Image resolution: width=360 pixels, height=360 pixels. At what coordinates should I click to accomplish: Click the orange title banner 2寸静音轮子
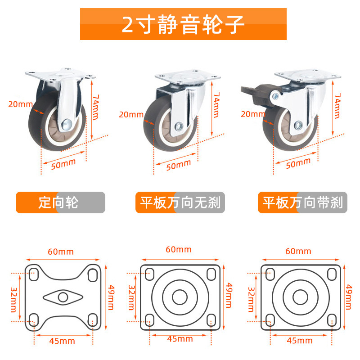[183, 24]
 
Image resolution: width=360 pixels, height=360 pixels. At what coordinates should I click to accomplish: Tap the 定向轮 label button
[60, 202]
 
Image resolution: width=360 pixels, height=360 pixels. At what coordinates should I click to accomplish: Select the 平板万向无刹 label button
[180, 202]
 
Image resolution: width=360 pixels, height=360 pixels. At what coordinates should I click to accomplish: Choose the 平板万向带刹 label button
[302, 202]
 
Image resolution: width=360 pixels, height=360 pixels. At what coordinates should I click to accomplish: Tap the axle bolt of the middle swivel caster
[179, 126]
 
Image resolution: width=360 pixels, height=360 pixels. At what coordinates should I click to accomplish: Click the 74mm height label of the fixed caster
[95, 107]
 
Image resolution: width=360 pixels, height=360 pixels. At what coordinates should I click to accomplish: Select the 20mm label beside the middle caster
[131, 115]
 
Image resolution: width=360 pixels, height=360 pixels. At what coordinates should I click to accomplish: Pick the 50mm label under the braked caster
[298, 163]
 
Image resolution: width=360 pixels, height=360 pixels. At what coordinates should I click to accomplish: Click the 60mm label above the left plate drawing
[61, 252]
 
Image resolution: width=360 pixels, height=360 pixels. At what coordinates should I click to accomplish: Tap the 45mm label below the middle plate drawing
[180, 339]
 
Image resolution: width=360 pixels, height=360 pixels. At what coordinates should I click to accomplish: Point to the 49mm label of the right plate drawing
[348, 297]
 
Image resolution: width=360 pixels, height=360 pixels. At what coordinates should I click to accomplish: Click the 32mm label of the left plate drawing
[14, 300]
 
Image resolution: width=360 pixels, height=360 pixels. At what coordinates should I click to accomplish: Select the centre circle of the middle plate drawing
[180, 297]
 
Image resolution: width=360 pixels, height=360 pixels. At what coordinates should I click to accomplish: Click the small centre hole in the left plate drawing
[63, 297]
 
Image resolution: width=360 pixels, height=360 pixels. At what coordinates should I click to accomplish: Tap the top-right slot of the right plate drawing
[332, 274]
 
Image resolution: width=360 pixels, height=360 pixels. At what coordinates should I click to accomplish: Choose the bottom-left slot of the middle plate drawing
[150, 320]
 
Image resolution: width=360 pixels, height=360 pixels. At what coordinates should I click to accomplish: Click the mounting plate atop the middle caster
[188, 77]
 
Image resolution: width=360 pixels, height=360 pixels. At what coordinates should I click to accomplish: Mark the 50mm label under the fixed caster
[63, 164]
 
